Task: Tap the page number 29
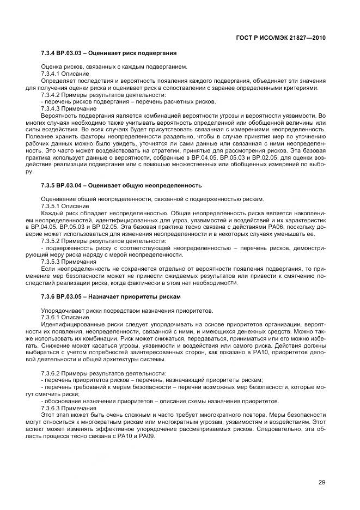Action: click(321, 481)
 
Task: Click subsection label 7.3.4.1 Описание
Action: click(61, 73)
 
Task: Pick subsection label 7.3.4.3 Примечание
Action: click(65, 108)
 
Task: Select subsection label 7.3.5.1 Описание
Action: click(61, 205)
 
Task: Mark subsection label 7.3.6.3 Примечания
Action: click(65, 408)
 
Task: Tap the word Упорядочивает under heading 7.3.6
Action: click(59, 309)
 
